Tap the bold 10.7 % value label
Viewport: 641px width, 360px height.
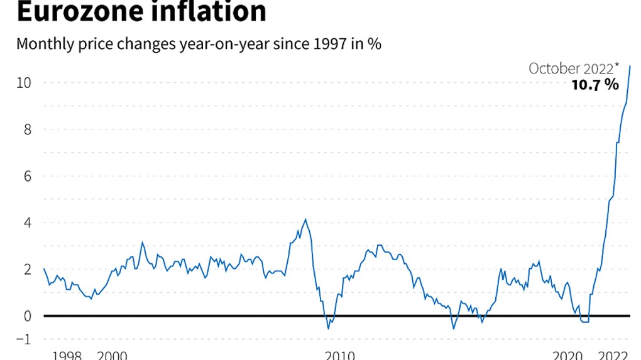pyautogui.click(x=594, y=85)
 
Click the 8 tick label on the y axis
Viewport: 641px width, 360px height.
pyautogui.click(x=27, y=129)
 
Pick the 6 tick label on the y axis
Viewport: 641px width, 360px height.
pyautogui.click(x=27, y=176)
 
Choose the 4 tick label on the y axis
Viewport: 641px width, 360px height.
pyautogui.click(x=27, y=222)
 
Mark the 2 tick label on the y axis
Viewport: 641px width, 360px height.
pyautogui.click(x=27, y=269)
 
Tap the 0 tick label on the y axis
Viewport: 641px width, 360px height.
pyautogui.click(x=27, y=315)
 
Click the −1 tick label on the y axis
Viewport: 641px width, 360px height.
pyautogui.click(x=23, y=339)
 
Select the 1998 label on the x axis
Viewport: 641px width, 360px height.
pyautogui.click(x=67, y=356)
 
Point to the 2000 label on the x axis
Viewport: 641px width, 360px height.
pyautogui.click(x=112, y=356)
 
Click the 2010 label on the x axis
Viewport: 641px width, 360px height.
pyautogui.click(x=341, y=356)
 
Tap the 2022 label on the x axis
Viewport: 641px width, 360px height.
pyautogui.click(x=614, y=356)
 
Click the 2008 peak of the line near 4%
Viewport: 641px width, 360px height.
pyautogui.click(x=305, y=219)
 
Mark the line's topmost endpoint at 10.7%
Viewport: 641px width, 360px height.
pyautogui.click(x=630, y=66)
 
